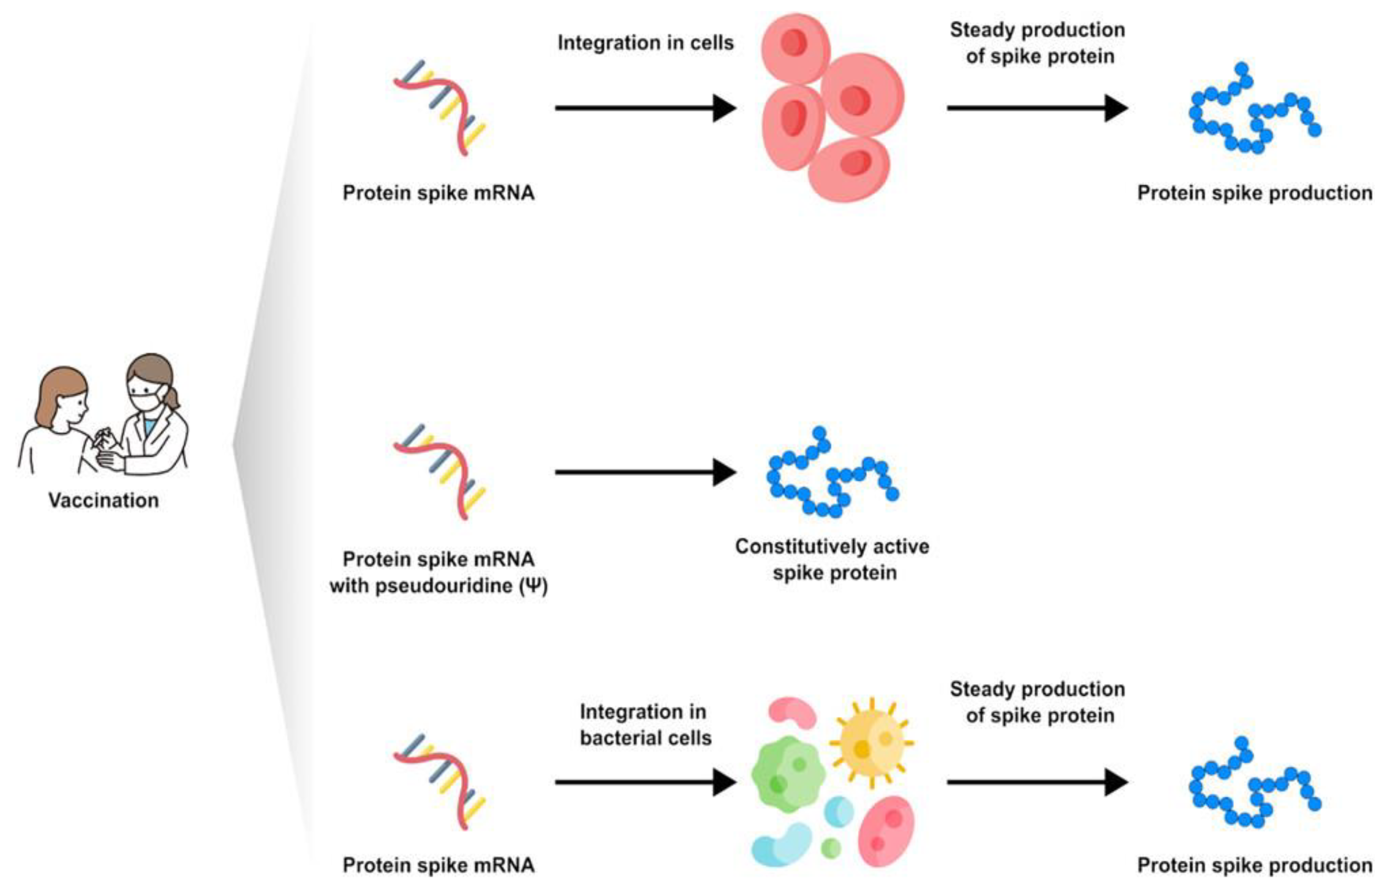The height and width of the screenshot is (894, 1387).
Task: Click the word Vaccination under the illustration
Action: [103, 500]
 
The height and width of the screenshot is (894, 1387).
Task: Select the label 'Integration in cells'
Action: [645, 43]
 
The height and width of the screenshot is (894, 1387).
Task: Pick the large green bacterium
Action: [787, 775]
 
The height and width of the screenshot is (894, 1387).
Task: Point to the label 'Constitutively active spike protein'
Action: [832, 560]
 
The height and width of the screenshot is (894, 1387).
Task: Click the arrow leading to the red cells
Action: [644, 108]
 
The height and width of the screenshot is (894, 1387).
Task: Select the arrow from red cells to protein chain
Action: [1036, 108]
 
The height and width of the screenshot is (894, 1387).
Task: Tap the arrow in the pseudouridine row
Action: [644, 472]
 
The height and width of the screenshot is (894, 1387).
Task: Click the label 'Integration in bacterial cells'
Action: [645, 725]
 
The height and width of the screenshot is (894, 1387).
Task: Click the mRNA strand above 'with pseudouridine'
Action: [439, 472]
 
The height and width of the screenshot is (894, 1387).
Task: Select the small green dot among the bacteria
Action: [831, 848]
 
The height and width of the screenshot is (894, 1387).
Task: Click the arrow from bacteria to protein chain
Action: [1036, 782]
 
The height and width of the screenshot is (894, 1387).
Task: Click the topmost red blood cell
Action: [795, 46]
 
